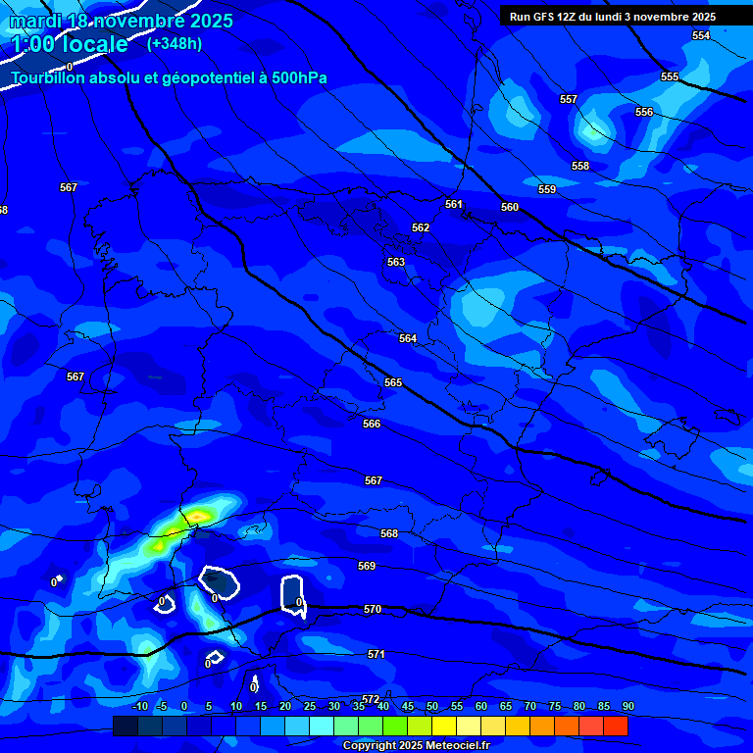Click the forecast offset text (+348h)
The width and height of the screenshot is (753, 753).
coord(175,43)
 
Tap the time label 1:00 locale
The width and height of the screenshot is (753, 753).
coord(70,44)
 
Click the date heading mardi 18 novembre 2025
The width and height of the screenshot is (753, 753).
coord(122,21)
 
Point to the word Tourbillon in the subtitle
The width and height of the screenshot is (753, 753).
coord(50,77)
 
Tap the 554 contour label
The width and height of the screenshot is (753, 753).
coord(701,35)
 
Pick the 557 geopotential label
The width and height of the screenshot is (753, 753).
coord(569,99)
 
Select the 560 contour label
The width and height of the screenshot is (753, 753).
coord(510,207)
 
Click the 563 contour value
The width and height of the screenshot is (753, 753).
coord(396,262)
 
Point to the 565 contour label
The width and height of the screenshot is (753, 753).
coord(393,382)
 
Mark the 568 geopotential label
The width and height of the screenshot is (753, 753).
coord(389,533)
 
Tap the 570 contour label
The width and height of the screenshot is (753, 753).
coord(373,609)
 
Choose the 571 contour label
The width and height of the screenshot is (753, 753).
coord(376,654)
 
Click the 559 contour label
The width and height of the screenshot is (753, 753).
coord(547,189)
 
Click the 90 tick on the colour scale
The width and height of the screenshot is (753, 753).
coord(627,706)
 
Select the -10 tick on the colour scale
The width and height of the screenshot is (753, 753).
coord(141,706)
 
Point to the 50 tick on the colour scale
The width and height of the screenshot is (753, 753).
coord(432,706)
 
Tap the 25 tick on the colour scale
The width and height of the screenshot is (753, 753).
coord(310,706)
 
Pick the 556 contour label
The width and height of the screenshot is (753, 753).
coord(644,112)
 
